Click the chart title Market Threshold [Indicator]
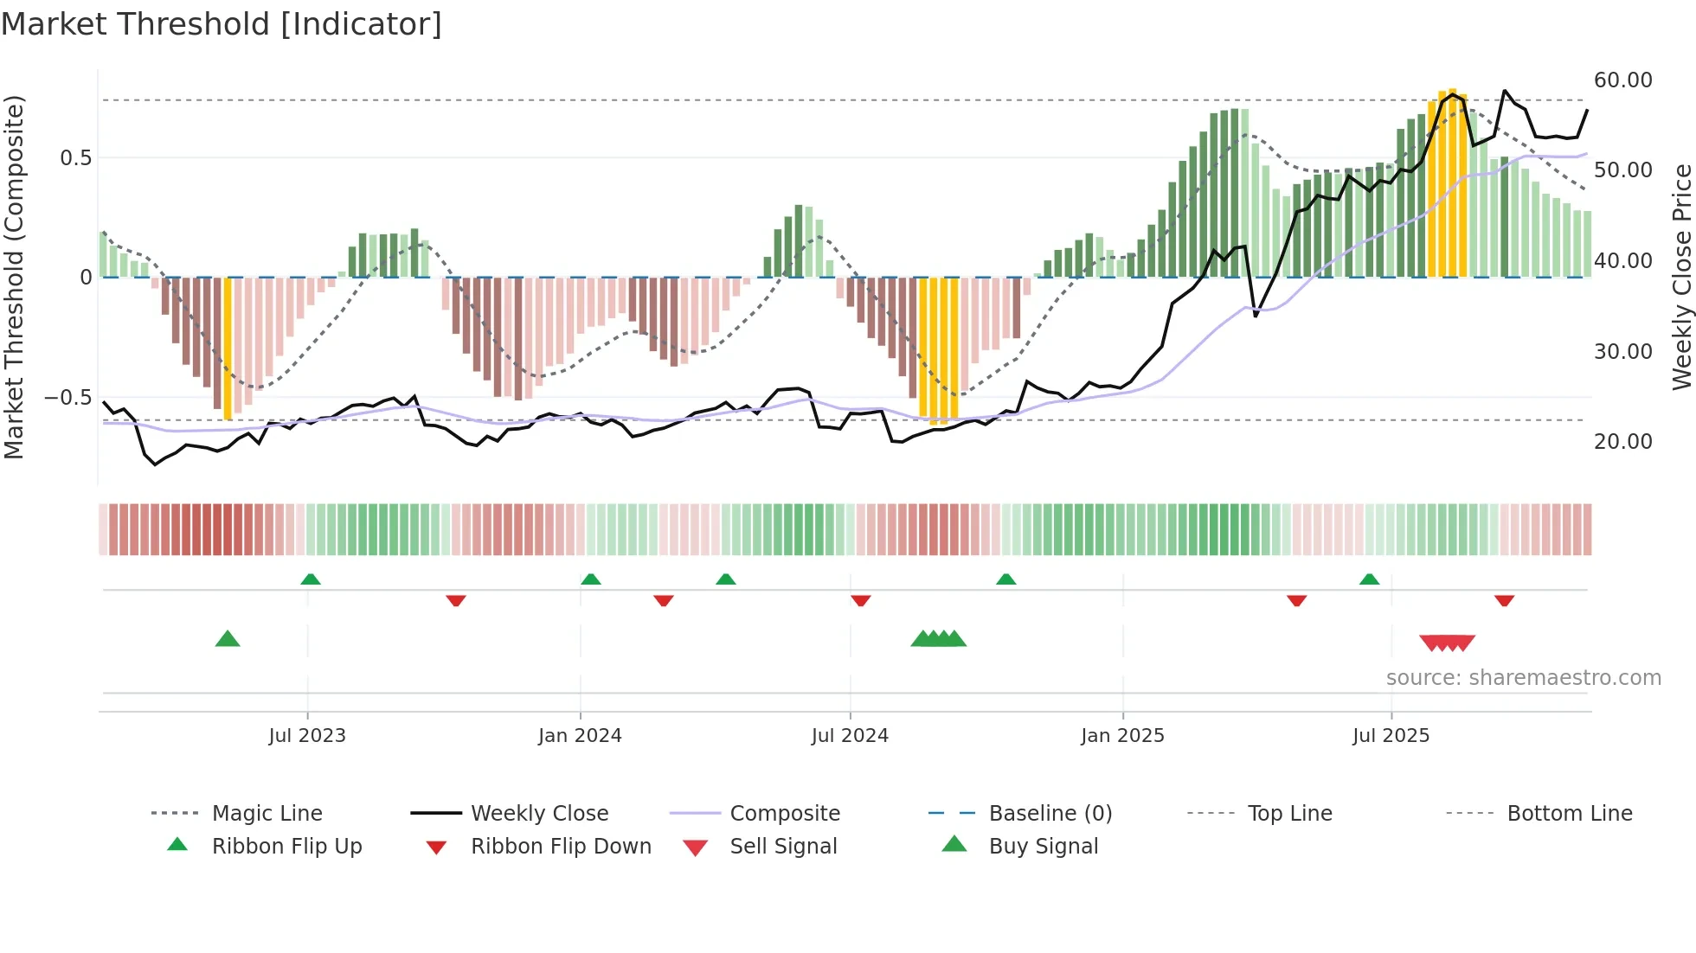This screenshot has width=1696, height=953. point(222,24)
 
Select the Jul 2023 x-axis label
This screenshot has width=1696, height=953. point(306,735)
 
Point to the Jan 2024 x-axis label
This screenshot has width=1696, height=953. point(580,735)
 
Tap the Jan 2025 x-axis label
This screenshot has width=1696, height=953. point(1122,735)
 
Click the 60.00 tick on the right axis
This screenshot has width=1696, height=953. point(1622,80)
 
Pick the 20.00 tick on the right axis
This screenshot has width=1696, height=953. point(1622,441)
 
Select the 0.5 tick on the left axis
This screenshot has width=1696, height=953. point(75,157)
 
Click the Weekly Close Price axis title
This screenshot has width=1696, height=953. point(1680,277)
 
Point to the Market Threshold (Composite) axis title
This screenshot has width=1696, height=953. point(14,277)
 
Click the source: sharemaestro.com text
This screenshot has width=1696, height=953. point(1523,677)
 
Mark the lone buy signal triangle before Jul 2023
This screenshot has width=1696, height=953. point(227,639)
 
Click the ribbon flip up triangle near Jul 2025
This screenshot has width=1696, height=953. point(1369,579)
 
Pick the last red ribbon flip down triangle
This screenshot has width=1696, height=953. point(1504,600)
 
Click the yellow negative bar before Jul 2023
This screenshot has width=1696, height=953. point(228,349)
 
